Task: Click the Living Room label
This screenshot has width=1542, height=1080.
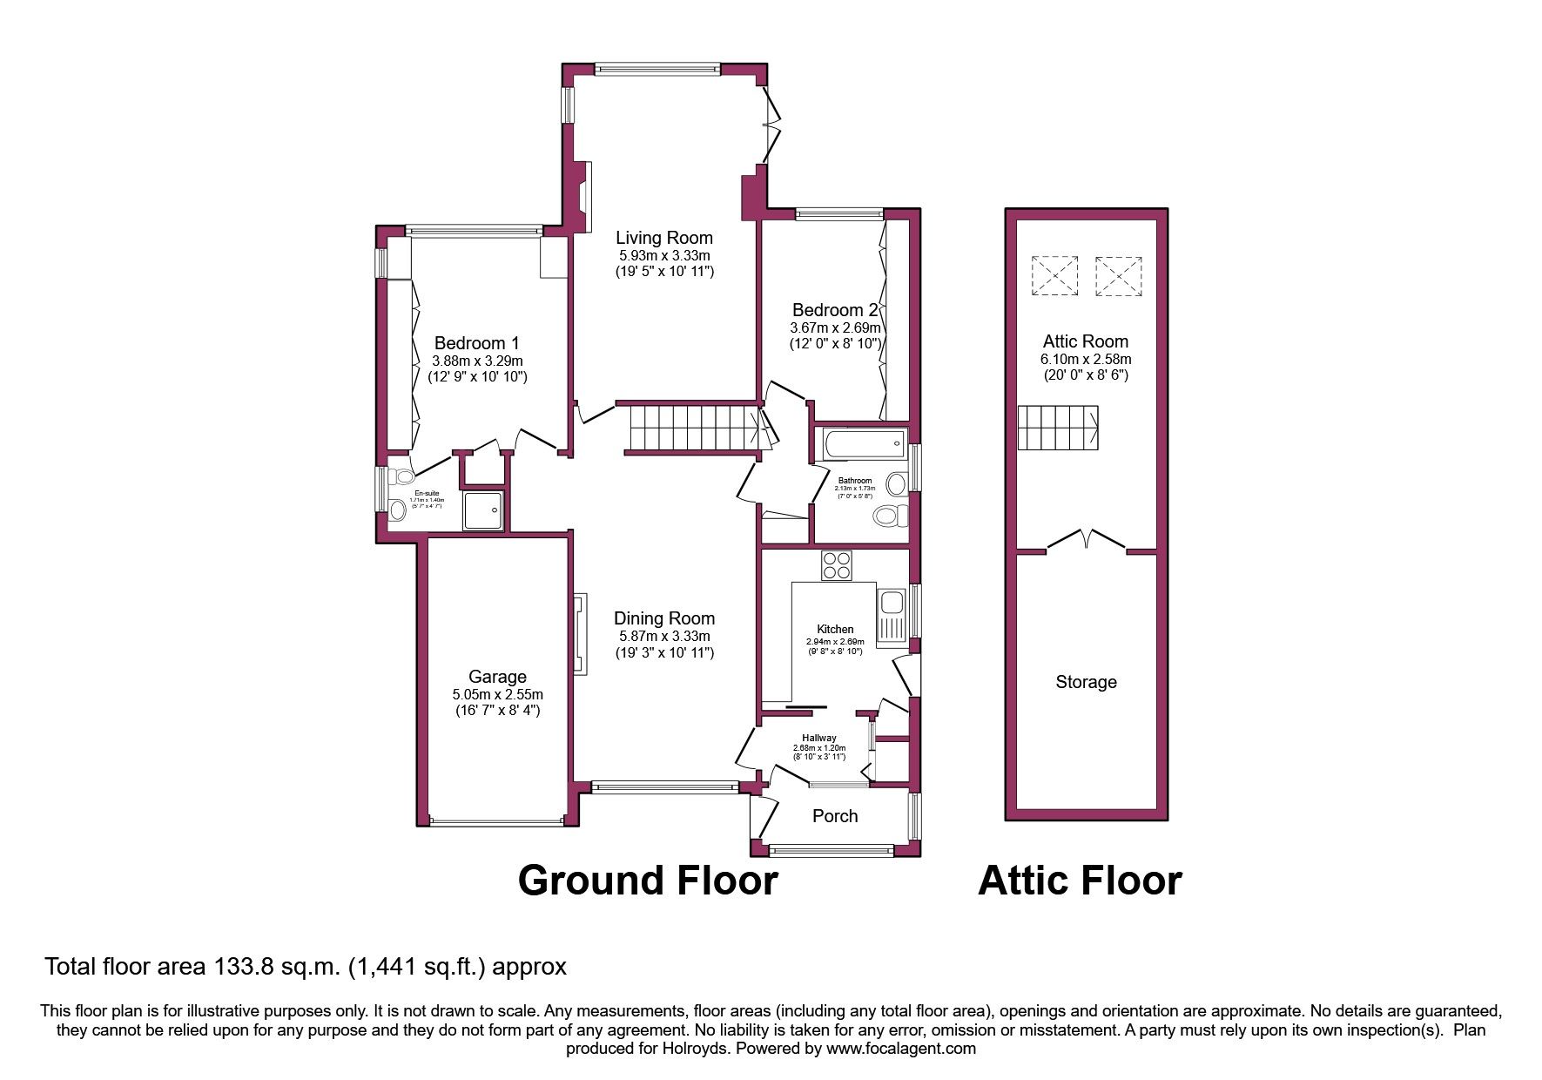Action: click(x=663, y=238)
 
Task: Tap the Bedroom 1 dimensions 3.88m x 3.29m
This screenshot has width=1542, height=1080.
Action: click(x=477, y=361)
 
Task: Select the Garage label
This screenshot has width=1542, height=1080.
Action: click(x=497, y=677)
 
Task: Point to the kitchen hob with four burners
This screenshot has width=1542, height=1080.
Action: click(x=837, y=566)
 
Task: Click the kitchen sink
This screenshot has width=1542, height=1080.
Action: click(x=892, y=603)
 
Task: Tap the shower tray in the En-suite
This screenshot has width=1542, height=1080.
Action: click(x=483, y=510)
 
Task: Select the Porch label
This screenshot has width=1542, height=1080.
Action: click(x=834, y=816)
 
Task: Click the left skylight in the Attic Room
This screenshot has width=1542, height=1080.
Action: click(x=1054, y=276)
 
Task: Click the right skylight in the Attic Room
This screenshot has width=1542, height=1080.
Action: click(x=1118, y=276)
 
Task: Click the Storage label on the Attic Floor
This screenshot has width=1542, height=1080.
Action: click(x=1086, y=682)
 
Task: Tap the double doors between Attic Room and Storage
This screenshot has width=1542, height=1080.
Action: click(x=1086, y=540)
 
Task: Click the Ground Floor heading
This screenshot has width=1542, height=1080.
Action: click(x=647, y=881)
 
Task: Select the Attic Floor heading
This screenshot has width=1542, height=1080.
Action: click(x=1080, y=881)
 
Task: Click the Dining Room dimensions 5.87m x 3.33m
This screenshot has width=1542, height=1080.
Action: click(x=664, y=637)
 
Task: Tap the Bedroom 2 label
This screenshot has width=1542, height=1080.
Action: click(x=834, y=310)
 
